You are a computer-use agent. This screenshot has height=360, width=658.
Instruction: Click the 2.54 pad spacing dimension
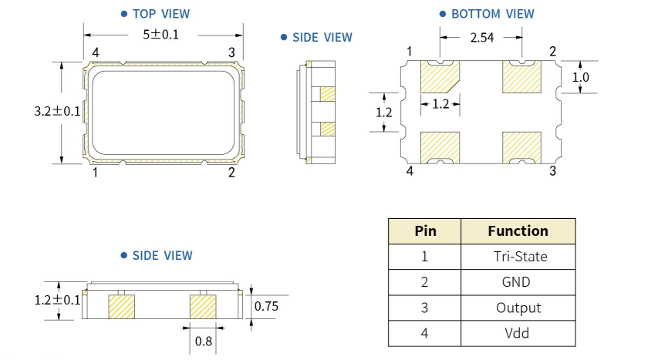pos(483,36)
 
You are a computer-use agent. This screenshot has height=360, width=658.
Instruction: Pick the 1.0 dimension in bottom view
pos(581,77)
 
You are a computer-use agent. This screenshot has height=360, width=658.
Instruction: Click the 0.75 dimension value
pos(267,307)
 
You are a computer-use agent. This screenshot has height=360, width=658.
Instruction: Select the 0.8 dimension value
pos(201,339)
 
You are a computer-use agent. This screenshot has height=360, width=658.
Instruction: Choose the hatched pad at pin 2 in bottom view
pos(521,77)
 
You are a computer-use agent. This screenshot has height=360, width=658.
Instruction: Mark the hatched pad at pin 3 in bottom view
pos(521,146)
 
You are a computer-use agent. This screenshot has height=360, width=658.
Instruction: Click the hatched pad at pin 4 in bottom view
pos(440,146)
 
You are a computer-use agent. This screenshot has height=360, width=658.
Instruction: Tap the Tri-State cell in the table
pos(518,257)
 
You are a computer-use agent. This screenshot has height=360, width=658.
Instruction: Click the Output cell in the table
pos(518,308)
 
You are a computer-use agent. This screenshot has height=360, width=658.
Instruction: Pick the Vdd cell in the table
pos(518,333)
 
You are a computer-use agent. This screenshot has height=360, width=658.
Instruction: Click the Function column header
pos(518,230)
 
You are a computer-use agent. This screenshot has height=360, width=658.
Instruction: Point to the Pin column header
pos(425,230)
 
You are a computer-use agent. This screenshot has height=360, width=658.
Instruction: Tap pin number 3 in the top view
pos(231,52)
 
